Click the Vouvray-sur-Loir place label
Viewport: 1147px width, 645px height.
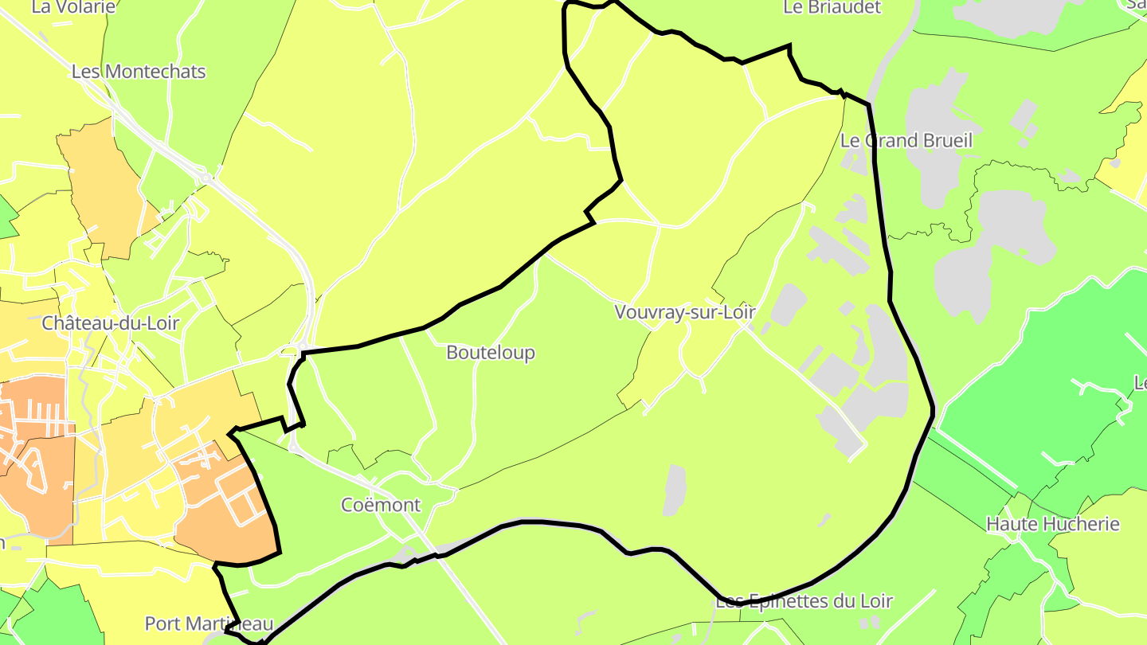(685, 312)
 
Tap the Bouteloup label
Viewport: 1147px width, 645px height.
(491, 352)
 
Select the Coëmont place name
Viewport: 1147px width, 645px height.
(381, 505)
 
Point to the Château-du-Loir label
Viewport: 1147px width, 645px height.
(111, 323)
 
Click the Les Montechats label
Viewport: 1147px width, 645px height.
(139, 72)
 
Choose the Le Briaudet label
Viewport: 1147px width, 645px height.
(832, 7)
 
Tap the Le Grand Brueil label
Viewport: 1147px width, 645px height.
(906, 141)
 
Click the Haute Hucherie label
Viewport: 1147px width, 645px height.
(1053, 524)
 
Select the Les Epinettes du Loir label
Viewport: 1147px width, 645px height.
(804, 601)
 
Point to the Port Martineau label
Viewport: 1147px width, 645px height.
(209, 623)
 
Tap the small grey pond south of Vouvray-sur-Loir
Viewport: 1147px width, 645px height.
(675, 489)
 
